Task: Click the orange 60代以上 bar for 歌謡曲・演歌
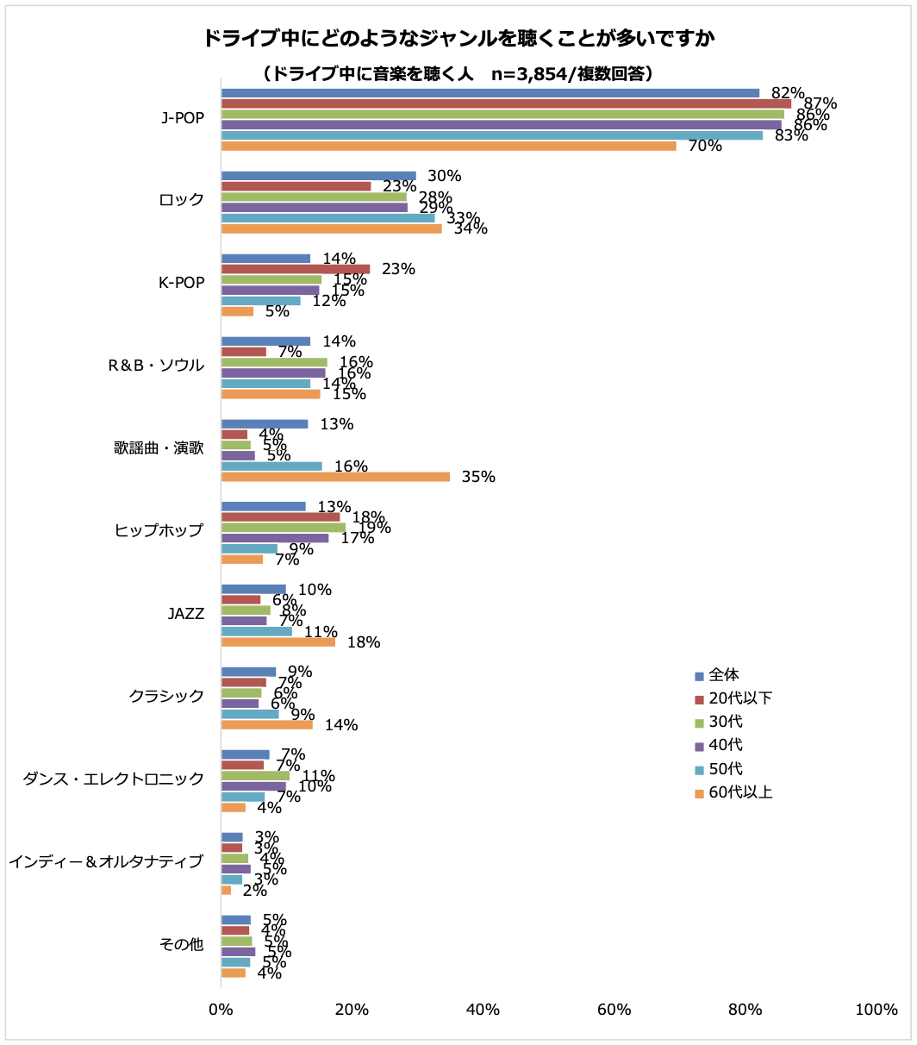pos(335,477)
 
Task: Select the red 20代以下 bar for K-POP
pos(296,269)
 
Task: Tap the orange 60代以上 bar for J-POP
pos(448,146)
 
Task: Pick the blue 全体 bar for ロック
pos(318,176)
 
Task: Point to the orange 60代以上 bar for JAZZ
pos(278,642)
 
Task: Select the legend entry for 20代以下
pos(733,698)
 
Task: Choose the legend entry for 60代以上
pos(733,792)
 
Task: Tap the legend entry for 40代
pos(719,745)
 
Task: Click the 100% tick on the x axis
pos(876,1010)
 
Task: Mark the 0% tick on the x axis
pos(221,1010)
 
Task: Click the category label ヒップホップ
pos(159,530)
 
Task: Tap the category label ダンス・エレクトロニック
pos(114,779)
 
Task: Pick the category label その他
pos(181,944)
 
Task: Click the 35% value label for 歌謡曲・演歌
pos(478,477)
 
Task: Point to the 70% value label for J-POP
pos(705,146)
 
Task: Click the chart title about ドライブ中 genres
pos(458,39)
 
